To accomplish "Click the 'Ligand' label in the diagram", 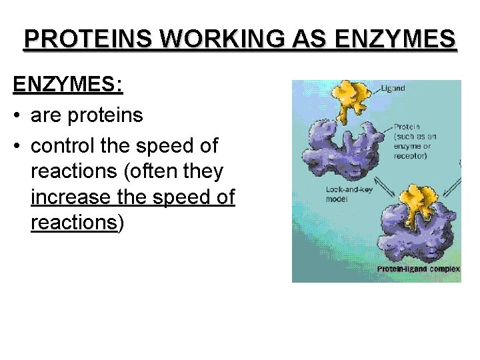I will pyautogui.click(x=393, y=88).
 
